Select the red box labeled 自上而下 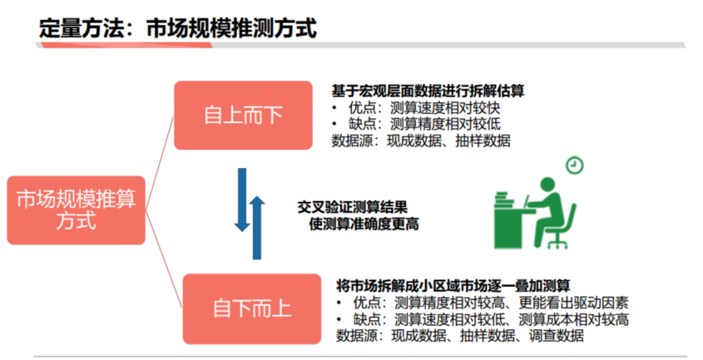243,115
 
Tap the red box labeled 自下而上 252,308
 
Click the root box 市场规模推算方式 76,210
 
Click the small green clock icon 574,165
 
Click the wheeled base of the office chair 557,242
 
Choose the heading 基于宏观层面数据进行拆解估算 428,91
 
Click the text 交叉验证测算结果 352,207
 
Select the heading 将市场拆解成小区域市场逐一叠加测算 453,286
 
